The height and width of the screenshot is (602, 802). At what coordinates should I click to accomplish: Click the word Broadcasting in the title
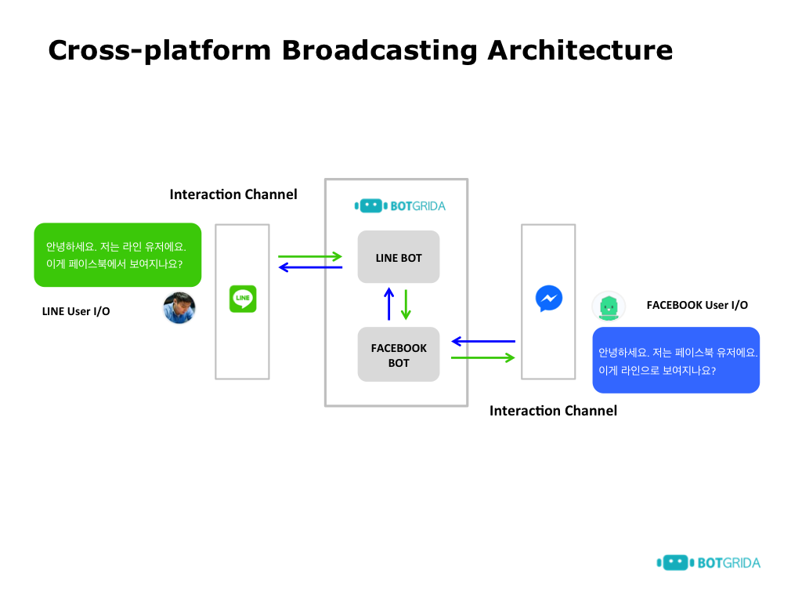pyautogui.click(x=379, y=50)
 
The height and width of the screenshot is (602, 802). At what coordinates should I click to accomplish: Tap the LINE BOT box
pyautogui.click(x=399, y=257)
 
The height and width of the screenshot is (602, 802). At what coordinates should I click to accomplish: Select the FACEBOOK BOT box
pyautogui.click(x=399, y=355)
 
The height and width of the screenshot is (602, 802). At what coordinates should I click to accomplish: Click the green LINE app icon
pyautogui.click(x=243, y=299)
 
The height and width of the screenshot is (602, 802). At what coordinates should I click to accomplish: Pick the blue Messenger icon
pyautogui.click(x=548, y=298)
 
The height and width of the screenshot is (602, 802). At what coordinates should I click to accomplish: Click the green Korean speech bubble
pyautogui.click(x=117, y=255)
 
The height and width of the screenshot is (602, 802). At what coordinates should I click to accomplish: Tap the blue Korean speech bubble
pyautogui.click(x=676, y=360)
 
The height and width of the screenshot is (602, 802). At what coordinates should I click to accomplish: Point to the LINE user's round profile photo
pyautogui.click(x=179, y=308)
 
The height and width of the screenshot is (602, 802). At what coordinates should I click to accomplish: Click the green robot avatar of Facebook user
pyautogui.click(x=609, y=306)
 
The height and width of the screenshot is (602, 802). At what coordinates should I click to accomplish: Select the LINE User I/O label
pyautogui.click(x=76, y=311)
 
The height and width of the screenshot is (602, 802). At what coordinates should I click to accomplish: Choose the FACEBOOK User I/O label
pyautogui.click(x=697, y=305)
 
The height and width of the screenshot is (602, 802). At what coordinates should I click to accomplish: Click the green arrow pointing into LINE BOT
pyautogui.click(x=310, y=256)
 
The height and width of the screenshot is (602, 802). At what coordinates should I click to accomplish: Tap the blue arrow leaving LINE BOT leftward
pyautogui.click(x=310, y=267)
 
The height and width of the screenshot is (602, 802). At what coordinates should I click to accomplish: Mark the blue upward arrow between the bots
pyautogui.click(x=388, y=304)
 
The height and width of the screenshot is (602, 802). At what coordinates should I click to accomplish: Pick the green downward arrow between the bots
pyautogui.click(x=406, y=304)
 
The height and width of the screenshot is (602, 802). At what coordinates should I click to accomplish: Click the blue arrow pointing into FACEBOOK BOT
pyautogui.click(x=483, y=341)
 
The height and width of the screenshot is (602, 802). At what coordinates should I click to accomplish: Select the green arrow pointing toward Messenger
pyautogui.click(x=483, y=358)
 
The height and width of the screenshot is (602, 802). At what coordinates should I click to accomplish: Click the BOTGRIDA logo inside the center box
pyautogui.click(x=399, y=206)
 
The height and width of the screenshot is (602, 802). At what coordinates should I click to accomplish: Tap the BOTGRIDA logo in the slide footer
pyautogui.click(x=708, y=562)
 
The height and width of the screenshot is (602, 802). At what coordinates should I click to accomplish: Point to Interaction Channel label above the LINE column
pyautogui.click(x=233, y=194)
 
